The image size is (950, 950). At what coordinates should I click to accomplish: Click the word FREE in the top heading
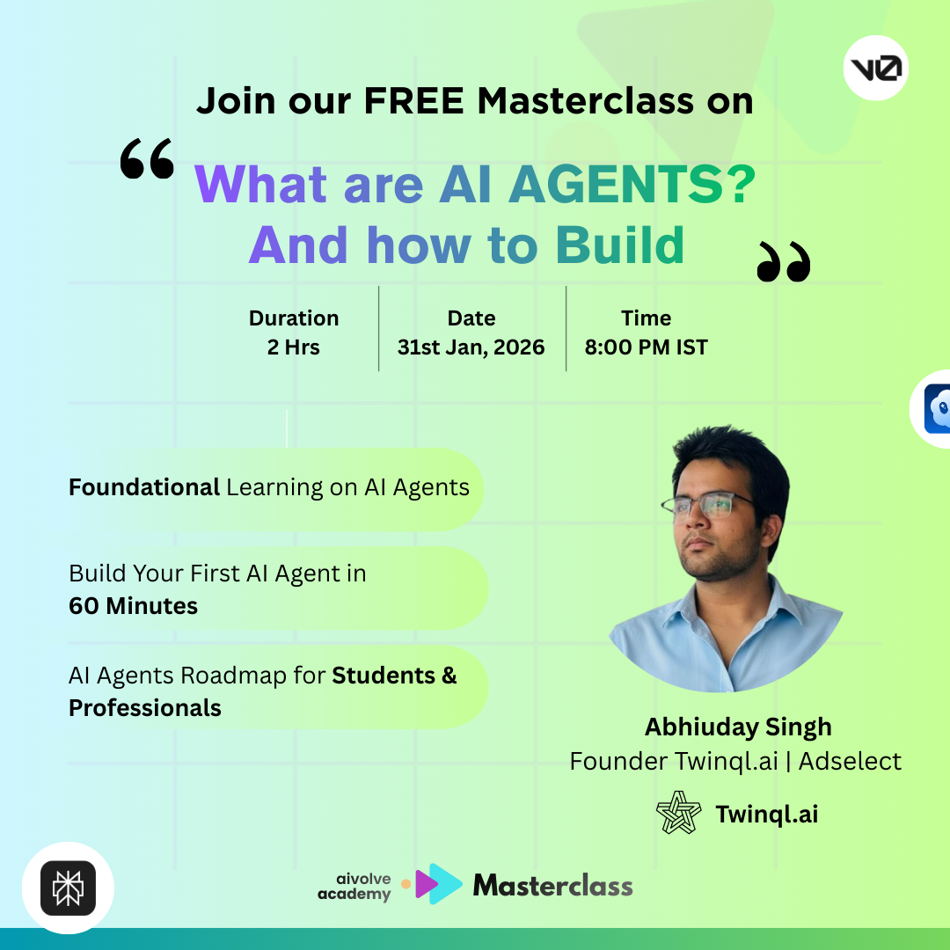pos(413,101)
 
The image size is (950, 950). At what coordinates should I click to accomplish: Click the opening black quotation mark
pos(147,160)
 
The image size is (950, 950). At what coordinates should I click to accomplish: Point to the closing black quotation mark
pos(783,263)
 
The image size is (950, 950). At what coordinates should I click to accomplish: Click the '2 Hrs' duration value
pos(294,347)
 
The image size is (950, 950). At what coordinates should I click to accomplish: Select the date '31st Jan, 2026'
pos(471,347)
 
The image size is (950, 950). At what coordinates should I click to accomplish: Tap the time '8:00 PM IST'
pos(647,347)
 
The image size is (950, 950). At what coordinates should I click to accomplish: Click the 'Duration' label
pos(294,318)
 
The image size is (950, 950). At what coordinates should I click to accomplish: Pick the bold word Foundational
pos(144,487)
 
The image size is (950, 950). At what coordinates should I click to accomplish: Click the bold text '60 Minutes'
pos(134,605)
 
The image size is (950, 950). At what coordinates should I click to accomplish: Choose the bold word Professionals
pos(145,707)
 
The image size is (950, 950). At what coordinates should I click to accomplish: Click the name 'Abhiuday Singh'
pos(738,727)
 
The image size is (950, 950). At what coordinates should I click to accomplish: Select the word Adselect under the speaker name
pos(850,761)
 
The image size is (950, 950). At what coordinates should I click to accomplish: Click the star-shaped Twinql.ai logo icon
pos(679,814)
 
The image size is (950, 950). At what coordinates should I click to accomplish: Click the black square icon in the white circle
pos(68,888)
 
